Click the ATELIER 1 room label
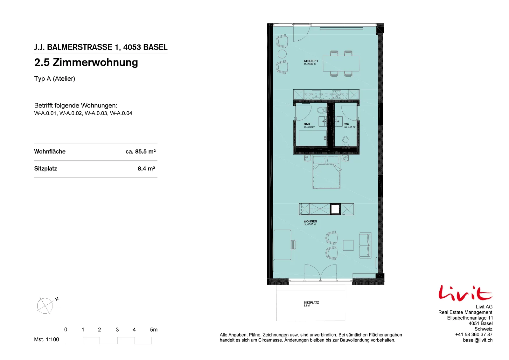[x=310, y=61]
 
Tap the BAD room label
[x=307, y=124]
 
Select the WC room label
[x=346, y=124]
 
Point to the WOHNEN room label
[x=310, y=221]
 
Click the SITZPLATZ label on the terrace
[x=311, y=302]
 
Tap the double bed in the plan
[x=326, y=172]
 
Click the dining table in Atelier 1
[x=341, y=63]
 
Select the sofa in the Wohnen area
[x=365, y=245]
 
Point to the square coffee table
[x=348, y=245]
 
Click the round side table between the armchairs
[x=282, y=54]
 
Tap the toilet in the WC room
[x=345, y=141]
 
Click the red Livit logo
[x=465, y=293]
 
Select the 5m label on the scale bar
[x=154, y=329]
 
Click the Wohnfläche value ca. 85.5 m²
[x=140, y=151]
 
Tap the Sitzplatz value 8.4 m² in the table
[x=146, y=169]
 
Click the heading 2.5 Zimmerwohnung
[x=86, y=62]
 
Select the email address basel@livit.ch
[x=478, y=340]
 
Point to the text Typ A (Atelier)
[x=54, y=79]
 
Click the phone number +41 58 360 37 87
[x=474, y=334]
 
